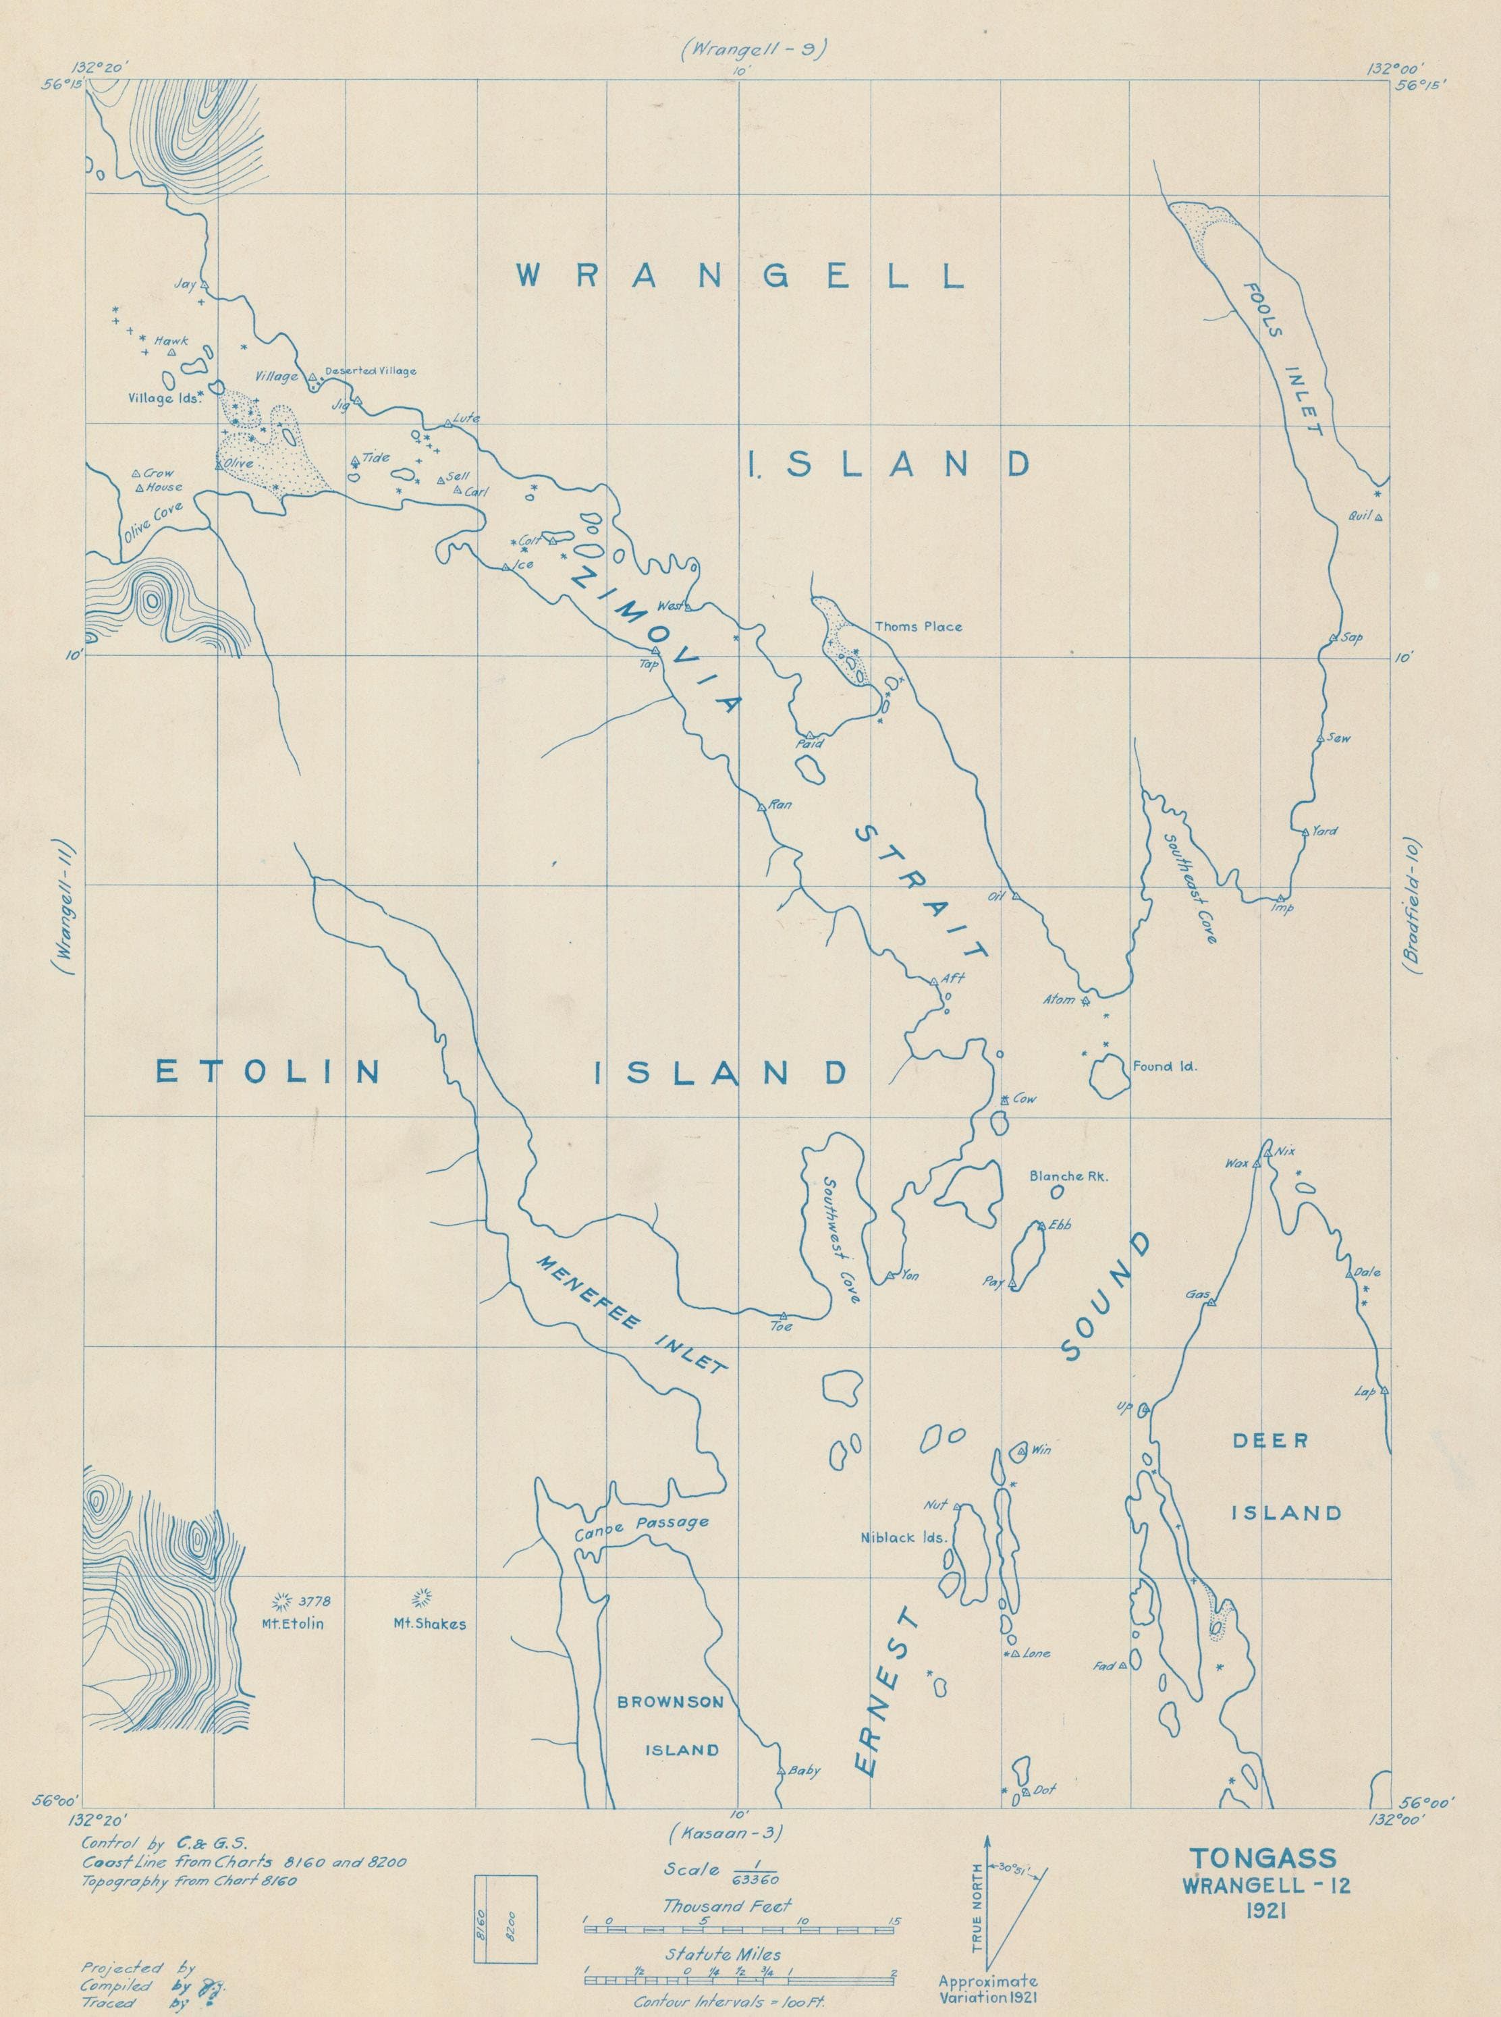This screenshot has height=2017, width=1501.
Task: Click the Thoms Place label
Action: click(918, 626)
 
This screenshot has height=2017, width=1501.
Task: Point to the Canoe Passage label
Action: click(640, 1522)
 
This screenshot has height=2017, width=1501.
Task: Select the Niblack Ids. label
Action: click(904, 1538)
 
